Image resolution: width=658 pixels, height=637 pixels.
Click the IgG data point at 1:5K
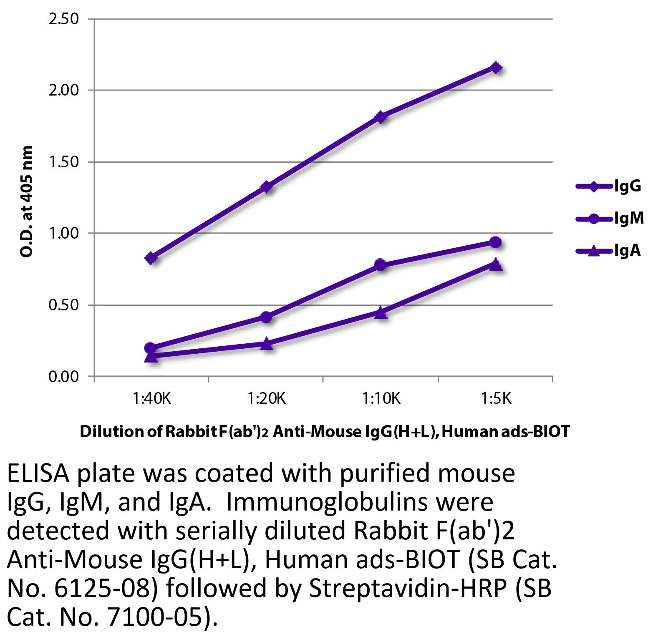tap(496, 68)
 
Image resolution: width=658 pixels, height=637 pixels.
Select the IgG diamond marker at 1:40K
tap(151, 258)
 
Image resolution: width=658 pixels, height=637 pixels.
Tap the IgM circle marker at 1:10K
tap(380, 264)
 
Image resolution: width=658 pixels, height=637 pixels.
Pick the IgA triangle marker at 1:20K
tap(266, 344)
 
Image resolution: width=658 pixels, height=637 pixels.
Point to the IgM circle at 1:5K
tap(495, 242)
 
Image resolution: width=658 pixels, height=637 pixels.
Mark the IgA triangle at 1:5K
tap(496, 264)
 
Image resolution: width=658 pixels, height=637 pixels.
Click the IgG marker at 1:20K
tap(266, 186)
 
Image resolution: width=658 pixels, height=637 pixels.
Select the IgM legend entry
tap(610, 218)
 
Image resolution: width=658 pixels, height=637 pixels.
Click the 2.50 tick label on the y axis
tap(64, 19)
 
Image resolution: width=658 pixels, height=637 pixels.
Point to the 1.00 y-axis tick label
tap(64, 233)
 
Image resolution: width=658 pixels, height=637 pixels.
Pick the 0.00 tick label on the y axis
tap(64, 376)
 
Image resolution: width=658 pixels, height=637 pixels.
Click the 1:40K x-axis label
tap(152, 399)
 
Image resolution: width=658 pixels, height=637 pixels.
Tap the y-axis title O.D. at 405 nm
tap(27, 201)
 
